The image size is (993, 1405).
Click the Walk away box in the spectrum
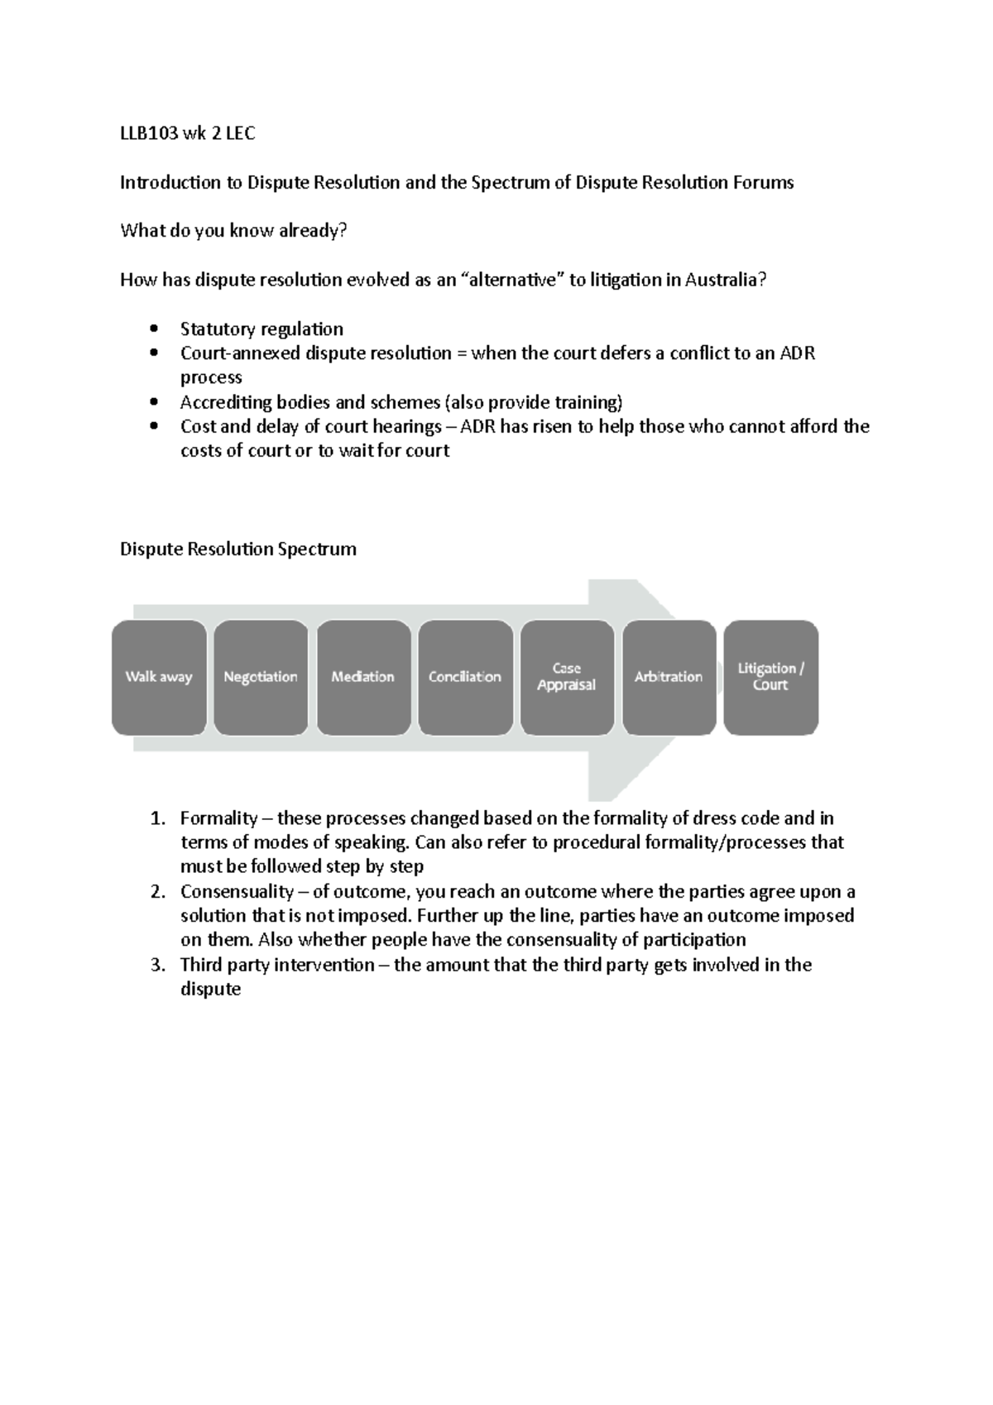tap(159, 677)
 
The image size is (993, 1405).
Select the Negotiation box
tap(261, 677)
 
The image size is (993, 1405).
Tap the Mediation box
tap(363, 677)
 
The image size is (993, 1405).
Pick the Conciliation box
tap(465, 677)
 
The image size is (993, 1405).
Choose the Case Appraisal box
tap(567, 677)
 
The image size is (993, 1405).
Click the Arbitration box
tap(669, 677)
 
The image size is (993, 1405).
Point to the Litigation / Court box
tap(770, 677)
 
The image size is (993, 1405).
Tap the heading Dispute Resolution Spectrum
tap(238, 549)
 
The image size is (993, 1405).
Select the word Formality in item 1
tap(218, 818)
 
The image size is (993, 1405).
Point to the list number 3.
tap(157, 965)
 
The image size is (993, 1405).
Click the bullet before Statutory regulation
tap(154, 329)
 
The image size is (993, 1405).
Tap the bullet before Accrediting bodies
tap(154, 403)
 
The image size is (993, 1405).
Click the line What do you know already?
tap(233, 231)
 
